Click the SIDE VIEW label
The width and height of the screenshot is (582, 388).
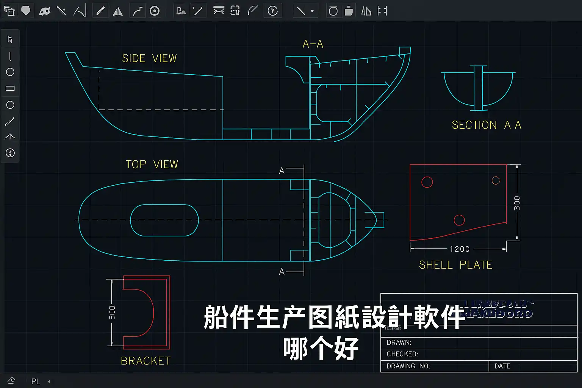149,58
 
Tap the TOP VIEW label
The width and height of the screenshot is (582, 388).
152,164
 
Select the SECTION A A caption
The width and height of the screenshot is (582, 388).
487,125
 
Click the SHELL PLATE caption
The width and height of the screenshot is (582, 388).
455,265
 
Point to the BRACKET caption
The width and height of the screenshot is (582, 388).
145,361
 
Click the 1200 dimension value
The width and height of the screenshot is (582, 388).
460,249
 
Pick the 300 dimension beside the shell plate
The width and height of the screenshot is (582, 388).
517,203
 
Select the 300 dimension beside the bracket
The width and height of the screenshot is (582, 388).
112,312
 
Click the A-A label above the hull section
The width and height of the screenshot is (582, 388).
313,44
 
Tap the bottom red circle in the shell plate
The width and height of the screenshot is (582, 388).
459,220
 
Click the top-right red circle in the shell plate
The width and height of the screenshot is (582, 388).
496,180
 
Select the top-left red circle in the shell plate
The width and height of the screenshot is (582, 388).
427,182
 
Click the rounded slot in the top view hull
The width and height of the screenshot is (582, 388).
164,220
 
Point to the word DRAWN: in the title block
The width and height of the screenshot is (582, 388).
399,343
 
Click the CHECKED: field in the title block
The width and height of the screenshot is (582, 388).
402,354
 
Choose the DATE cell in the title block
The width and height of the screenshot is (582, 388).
502,366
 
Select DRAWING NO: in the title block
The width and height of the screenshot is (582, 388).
408,366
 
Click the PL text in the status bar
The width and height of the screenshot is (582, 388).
36,381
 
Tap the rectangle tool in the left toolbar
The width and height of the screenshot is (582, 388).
10,89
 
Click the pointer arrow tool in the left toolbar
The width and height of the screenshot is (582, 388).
10,39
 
